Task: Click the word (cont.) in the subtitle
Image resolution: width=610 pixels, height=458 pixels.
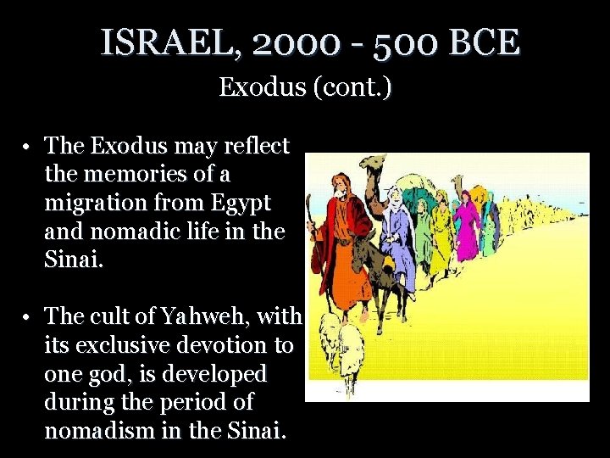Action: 351,87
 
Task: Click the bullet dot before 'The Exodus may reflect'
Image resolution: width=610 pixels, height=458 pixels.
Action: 28,147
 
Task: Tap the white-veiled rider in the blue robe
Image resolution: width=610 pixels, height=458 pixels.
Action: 395,221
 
